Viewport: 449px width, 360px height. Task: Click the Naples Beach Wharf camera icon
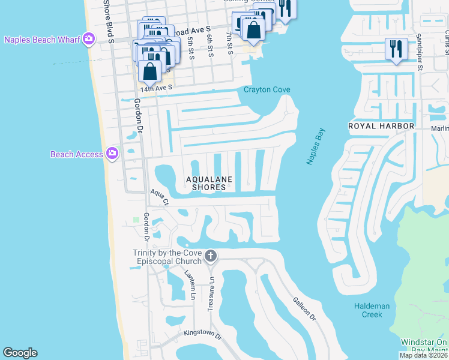tap(89, 39)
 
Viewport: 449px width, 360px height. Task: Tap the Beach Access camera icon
tap(112, 154)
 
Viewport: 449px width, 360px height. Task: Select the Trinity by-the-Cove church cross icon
tap(210, 256)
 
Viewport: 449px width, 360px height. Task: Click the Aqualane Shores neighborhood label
tap(209, 183)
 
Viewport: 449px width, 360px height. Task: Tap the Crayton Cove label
tap(267, 90)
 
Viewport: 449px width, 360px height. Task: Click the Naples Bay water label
tap(315, 147)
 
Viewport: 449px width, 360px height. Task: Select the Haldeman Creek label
tap(372, 310)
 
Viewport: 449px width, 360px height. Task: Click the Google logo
tap(20, 353)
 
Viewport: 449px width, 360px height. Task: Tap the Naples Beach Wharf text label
tap(42, 40)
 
